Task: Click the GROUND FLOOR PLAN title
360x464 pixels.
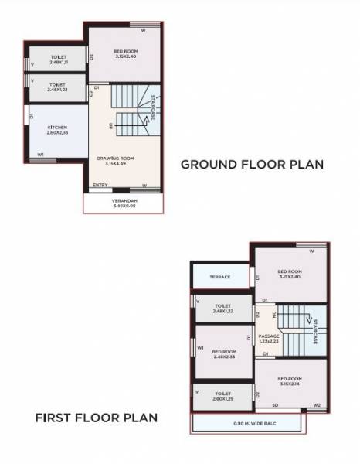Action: [252, 164]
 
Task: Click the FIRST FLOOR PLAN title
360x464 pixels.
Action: [97, 418]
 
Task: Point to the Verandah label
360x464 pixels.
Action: [123, 203]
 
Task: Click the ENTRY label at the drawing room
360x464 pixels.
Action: [100, 186]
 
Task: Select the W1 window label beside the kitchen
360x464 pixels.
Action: [41, 155]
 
